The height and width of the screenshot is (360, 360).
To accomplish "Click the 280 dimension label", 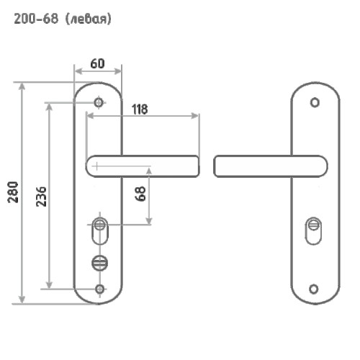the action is [13, 192].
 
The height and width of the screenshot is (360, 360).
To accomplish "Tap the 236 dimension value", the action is [41, 197].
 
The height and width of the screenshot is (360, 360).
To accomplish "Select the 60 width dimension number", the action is [97, 63].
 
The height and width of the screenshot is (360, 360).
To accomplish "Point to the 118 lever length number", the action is [140, 109].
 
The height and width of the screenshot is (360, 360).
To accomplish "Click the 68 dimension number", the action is [140, 194].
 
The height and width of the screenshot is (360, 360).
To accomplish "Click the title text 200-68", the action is [36, 19].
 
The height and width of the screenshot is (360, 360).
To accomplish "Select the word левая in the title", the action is [88, 19].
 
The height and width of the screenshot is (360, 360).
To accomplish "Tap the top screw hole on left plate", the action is [99, 102].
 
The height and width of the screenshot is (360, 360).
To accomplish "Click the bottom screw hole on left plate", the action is [100, 289].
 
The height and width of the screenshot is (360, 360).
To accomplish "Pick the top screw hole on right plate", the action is [315, 102].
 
